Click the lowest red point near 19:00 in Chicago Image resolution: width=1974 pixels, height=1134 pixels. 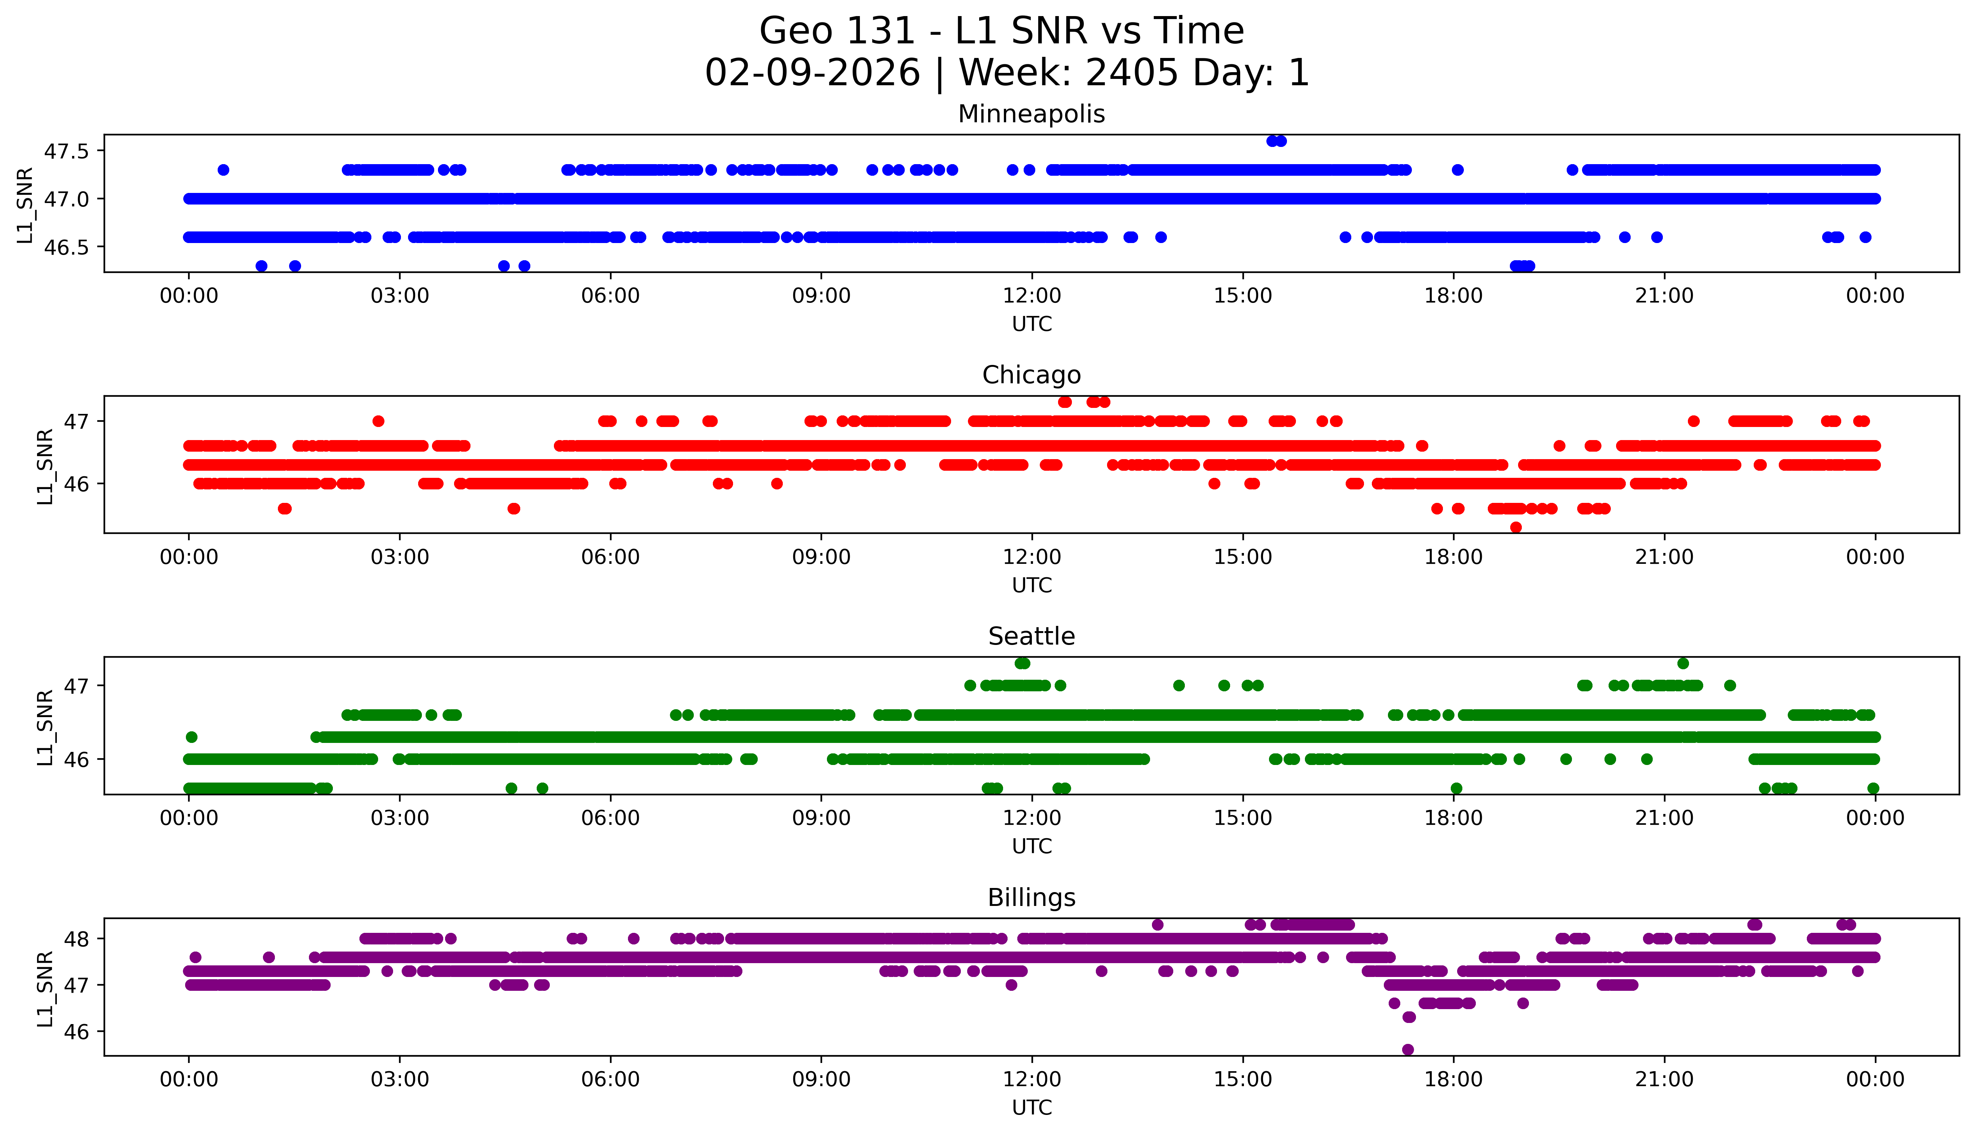pyautogui.click(x=1515, y=527)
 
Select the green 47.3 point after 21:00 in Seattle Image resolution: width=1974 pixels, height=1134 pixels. pyautogui.click(x=1683, y=664)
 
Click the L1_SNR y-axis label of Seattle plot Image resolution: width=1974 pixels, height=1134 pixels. pyautogui.click(x=45, y=727)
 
